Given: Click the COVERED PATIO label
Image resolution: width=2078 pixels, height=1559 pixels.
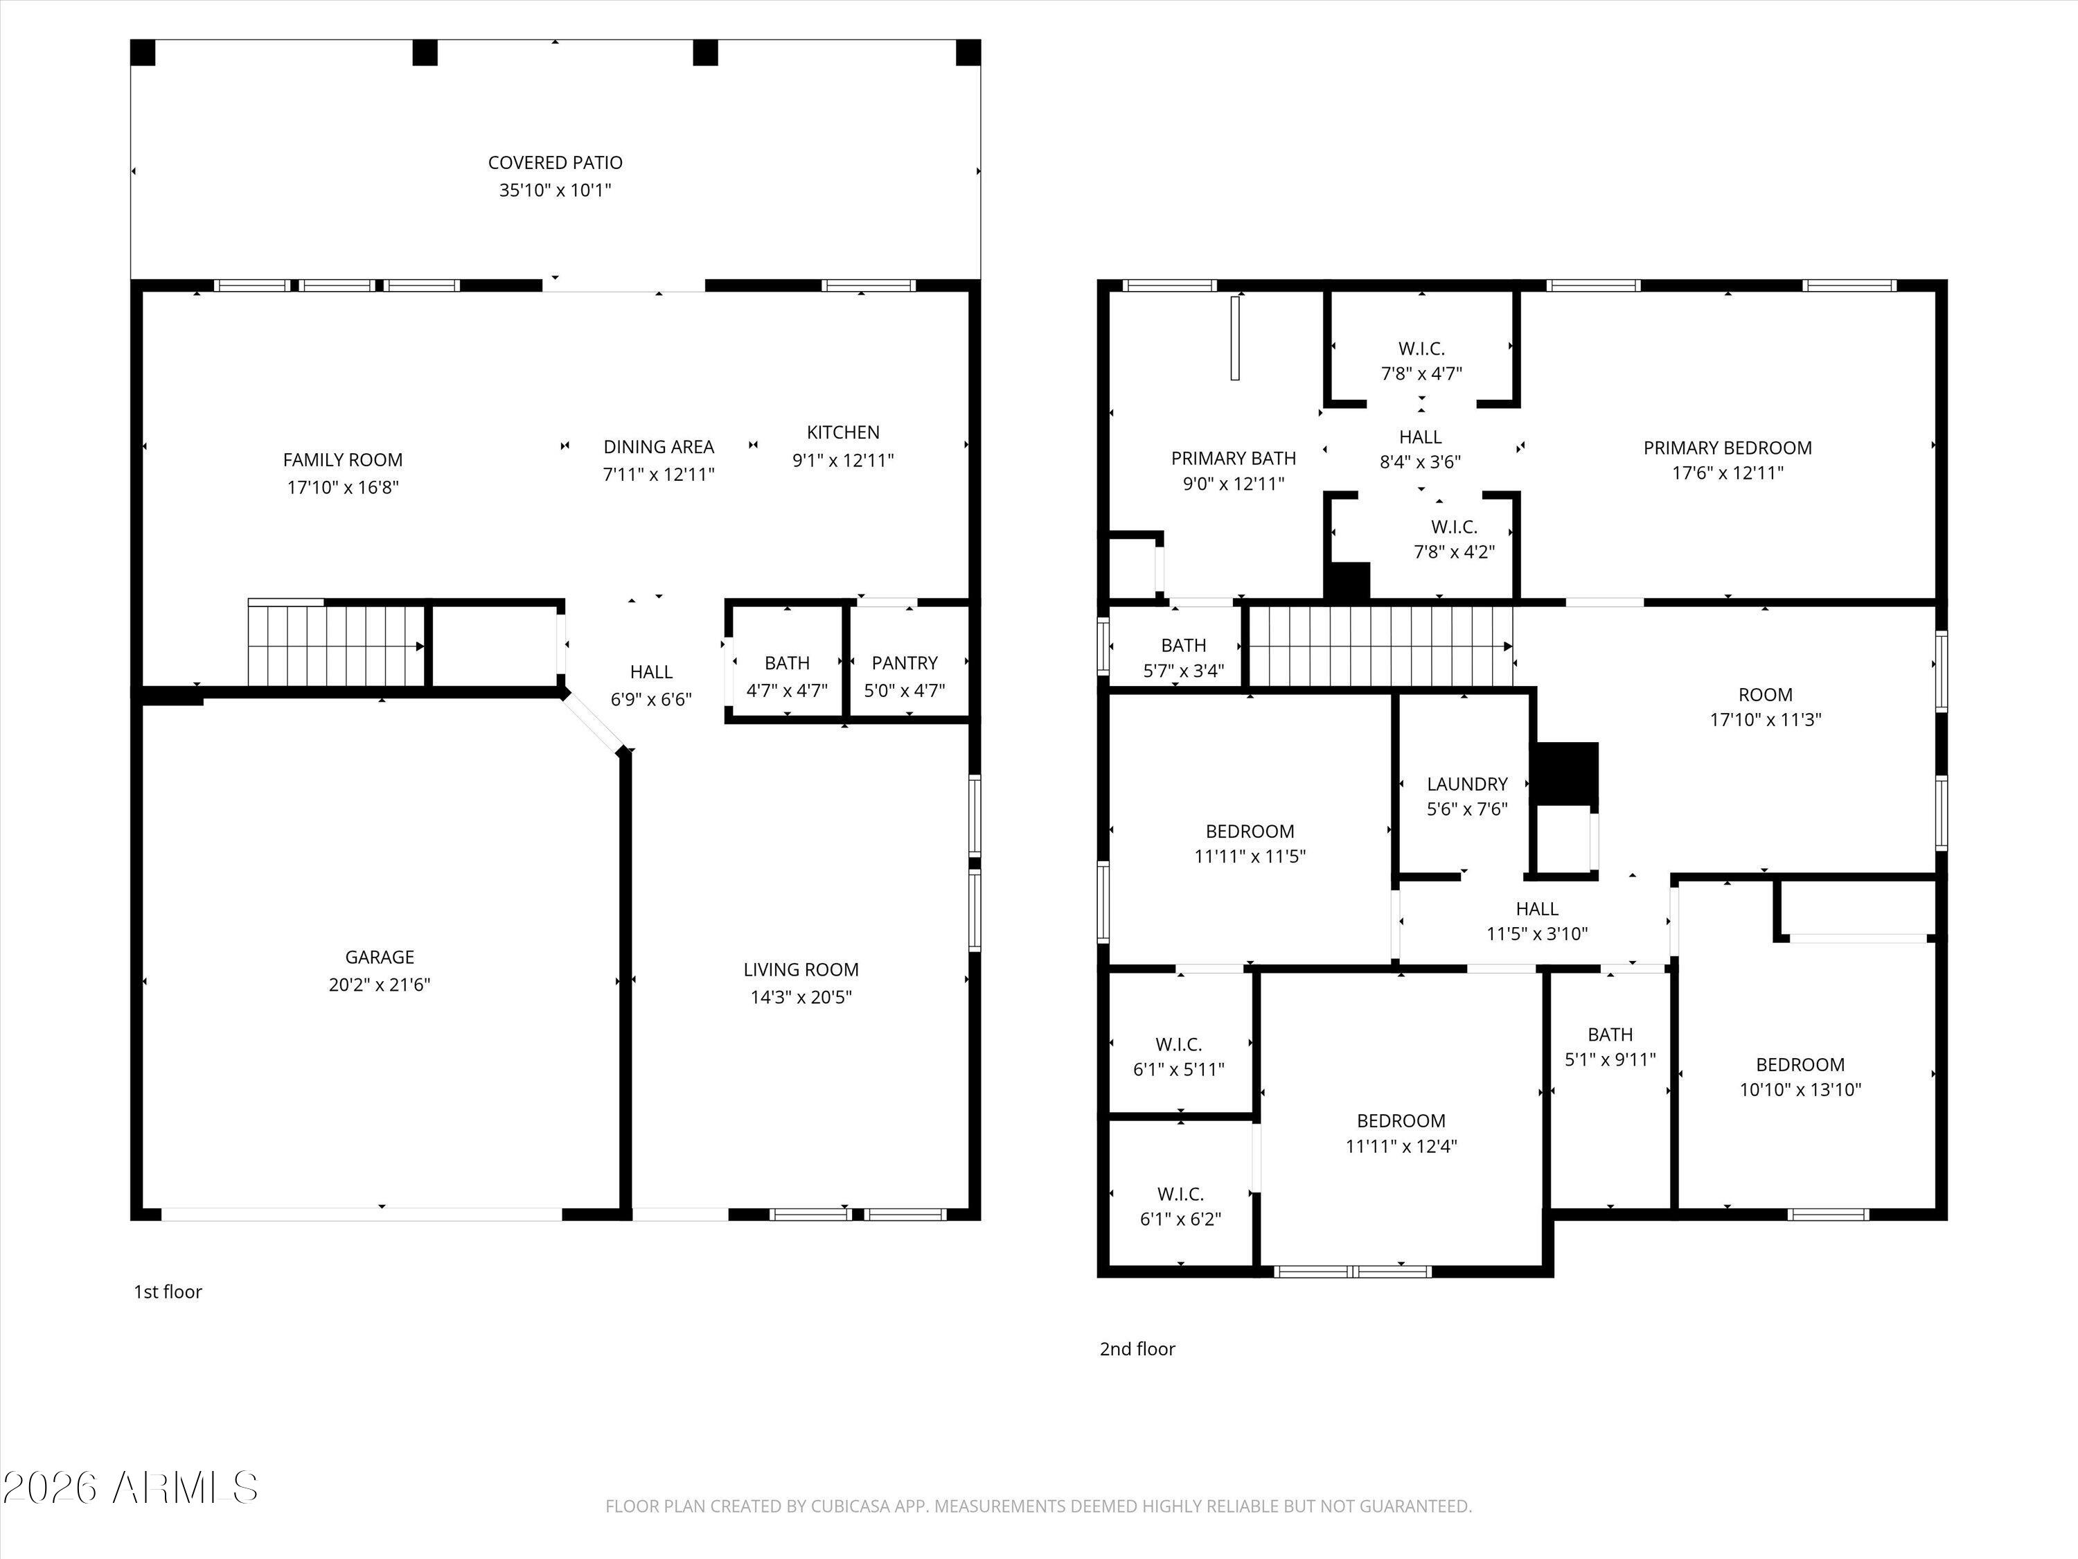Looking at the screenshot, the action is [x=556, y=163].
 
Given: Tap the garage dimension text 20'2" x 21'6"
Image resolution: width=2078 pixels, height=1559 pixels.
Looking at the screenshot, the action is [x=380, y=985].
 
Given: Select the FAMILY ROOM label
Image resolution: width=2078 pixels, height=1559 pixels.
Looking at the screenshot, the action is [x=343, y=459].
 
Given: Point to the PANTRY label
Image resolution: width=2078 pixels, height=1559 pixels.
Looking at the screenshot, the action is [x=905, y=662].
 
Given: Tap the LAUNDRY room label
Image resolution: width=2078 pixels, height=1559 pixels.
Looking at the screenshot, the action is [x=1467, y=784].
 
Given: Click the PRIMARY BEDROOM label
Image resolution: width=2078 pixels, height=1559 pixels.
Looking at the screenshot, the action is [x=1728, y=448].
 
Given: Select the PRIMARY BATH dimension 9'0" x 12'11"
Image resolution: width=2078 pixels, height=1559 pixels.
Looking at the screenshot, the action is [x=1234, y=484].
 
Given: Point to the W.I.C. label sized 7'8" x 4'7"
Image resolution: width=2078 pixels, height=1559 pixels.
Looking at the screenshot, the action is [x=1421, y=349].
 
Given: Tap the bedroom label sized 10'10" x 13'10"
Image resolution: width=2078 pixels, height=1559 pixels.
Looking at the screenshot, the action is [x=1800, y=1065].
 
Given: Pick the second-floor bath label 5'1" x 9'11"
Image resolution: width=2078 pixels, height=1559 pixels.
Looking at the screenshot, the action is [x=1610, y=1034].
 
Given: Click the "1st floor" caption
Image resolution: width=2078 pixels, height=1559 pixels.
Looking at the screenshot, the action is [x=168, y=1292].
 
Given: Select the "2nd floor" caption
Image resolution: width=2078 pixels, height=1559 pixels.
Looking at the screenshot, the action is [x=1137, y=1350].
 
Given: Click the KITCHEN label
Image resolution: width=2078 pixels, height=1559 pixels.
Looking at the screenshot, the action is [x=844, y=432].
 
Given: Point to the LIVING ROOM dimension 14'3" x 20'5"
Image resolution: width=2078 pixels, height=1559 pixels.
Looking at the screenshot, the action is [x=801, y=997].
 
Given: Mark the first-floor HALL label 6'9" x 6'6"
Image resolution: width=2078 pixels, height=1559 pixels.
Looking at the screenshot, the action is [x=651, y=672].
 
